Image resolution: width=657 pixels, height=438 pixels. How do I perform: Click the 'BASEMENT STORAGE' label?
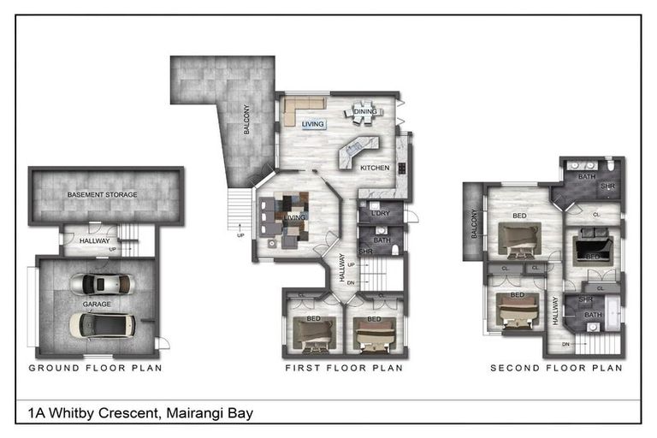[x=103, y=195]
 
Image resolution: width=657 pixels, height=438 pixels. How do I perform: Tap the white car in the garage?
[x=101, y=323]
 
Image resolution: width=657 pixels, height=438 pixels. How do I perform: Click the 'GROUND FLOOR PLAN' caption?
[x=95, y=368]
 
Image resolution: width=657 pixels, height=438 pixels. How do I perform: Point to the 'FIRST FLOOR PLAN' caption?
[x=344, y=368]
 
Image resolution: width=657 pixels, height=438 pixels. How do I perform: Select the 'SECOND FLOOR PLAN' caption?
[x=556, y=368]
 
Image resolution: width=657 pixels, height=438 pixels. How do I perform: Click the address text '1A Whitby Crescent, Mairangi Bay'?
[x=140, y=413]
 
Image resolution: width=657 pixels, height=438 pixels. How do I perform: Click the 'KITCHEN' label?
[x=375, y=168]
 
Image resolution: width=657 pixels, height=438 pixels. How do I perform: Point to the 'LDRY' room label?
[x=381, y=214]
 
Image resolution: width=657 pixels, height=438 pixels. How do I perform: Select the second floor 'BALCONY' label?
[x=473, y=225]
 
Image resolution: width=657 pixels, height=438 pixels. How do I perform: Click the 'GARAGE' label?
[x=97, y=304]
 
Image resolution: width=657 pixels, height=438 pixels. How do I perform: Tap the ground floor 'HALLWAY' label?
[x=94, y=241]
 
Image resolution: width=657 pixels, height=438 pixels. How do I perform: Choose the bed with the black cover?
[x=591, y=247]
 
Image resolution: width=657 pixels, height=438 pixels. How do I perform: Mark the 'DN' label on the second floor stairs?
[x=565, y=344]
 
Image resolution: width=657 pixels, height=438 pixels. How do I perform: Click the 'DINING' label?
[x=365, y=111]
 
